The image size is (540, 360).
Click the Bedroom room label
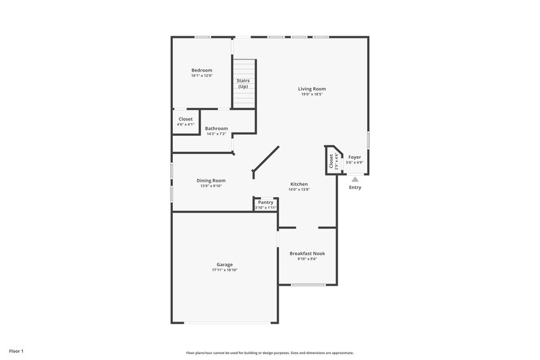pos(202,70)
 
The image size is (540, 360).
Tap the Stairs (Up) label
pos(243,84)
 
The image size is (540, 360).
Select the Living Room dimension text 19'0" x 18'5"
pos(313,95)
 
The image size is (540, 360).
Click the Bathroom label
pos(217,128)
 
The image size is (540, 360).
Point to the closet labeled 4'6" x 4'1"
pos(186,122)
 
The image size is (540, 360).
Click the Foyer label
pos(354,157)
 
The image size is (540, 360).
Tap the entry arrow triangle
pos(355,179)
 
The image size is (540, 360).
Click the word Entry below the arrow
pos(355,188)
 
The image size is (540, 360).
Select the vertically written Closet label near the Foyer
pos(331,160)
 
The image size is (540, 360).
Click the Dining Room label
pos(211,180)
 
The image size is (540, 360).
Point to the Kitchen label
pos(299,184)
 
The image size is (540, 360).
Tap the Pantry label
pos(265,202)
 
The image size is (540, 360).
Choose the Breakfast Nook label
pos(307,253)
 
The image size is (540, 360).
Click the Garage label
pos(224,264)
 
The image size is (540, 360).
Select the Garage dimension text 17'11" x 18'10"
pos(224,270)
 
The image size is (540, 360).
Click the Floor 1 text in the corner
pos(16,351)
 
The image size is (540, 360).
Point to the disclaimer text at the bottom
pos(270,353)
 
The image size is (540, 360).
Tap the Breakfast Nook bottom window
pos(308,284)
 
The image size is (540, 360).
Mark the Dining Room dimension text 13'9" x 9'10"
pos(211,186)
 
